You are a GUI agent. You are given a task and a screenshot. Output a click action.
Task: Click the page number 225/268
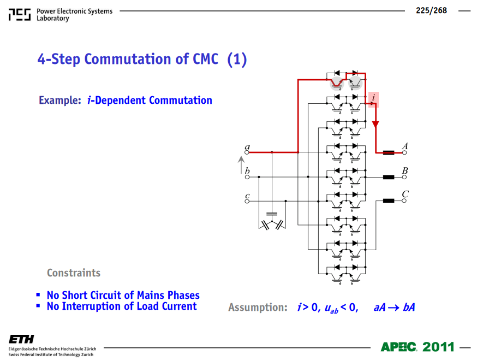431,11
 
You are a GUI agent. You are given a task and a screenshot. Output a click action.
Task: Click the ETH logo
21,339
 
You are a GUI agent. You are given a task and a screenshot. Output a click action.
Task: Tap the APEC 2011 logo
418,347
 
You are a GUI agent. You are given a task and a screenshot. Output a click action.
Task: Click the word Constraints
74,273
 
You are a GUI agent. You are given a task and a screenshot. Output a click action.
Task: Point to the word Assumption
258,308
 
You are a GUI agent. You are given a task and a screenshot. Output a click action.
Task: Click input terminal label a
247,147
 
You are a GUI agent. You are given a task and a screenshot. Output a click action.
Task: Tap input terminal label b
247,170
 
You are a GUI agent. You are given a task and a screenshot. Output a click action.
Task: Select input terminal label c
247,196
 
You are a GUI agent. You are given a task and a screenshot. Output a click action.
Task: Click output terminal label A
405,146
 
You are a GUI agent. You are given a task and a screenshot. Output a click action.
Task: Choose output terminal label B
405,170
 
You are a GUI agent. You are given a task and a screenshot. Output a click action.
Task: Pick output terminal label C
405,194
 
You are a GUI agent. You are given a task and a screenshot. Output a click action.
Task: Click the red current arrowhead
375,124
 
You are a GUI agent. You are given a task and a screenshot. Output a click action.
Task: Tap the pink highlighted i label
373,99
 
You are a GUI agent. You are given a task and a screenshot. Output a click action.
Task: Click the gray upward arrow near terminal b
241,165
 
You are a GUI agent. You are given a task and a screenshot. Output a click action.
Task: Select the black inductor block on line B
389,177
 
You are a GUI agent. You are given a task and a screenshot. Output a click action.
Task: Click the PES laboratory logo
20,15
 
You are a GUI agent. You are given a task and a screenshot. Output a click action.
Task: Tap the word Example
60,100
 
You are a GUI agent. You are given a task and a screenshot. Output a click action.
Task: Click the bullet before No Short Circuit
38,294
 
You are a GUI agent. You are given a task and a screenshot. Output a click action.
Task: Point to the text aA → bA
394,308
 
